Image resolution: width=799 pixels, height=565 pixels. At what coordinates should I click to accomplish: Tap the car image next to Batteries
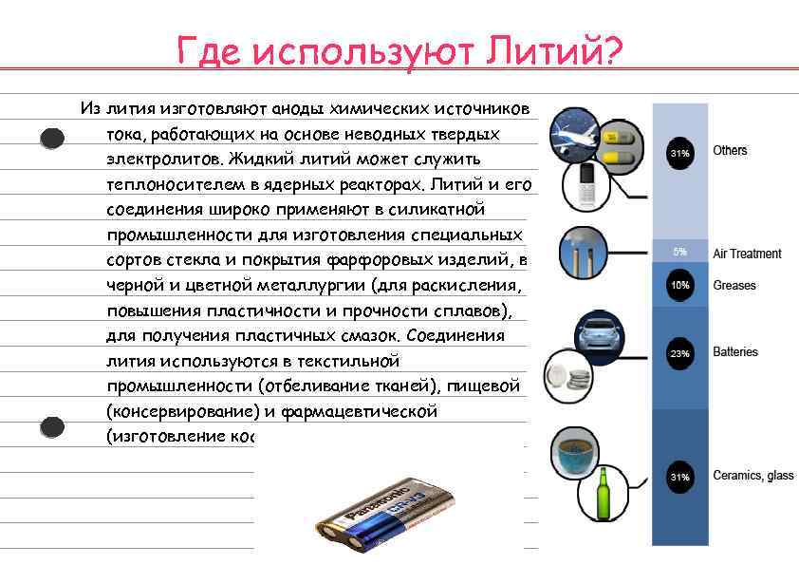599,332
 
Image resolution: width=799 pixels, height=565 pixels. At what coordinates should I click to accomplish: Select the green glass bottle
601,493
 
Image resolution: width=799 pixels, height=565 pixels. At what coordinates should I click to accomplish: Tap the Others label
730,150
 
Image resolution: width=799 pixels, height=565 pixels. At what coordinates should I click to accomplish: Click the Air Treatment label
747,254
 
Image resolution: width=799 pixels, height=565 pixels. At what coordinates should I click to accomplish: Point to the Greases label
734,285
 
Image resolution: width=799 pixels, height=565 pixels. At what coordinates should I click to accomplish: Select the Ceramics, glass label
753,475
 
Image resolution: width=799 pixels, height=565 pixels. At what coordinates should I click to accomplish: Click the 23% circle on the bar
679,353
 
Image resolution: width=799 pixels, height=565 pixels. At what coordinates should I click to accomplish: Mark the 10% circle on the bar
679,286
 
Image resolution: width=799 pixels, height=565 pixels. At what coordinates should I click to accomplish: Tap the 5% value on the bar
679,253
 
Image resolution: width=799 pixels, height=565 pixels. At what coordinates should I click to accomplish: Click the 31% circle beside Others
679,152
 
